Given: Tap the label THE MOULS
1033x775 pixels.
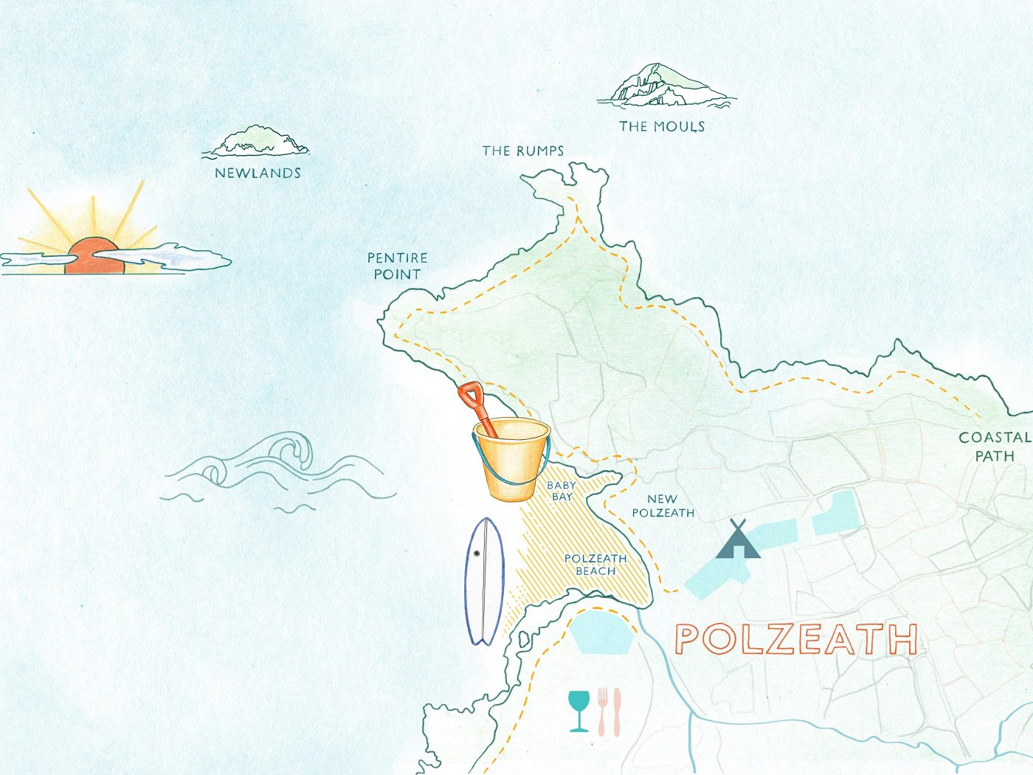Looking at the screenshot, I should (662, 126).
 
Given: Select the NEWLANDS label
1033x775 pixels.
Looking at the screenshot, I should (258, 173).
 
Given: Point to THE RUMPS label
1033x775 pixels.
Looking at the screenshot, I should (523, 151).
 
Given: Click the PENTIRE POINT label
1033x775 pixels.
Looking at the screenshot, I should (397, 266).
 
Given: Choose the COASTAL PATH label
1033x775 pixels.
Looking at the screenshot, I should (994, 447).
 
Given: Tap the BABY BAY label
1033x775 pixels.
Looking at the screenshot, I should (562, 491).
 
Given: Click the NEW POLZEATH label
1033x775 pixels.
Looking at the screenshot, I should (663, 506).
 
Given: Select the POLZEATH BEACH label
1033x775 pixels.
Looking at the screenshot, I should (595, 565).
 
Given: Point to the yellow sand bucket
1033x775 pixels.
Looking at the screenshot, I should (511, 461).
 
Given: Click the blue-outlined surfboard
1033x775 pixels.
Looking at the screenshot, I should (484, 581).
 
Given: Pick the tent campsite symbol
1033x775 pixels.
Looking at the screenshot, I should (738, 541).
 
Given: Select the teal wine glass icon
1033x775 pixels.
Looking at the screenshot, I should (579, 709).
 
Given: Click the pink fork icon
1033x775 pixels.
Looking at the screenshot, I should (602, 712).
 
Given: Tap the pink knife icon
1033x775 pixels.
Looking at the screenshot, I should (617, 712).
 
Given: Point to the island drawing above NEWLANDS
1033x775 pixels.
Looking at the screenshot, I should (257, 141).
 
